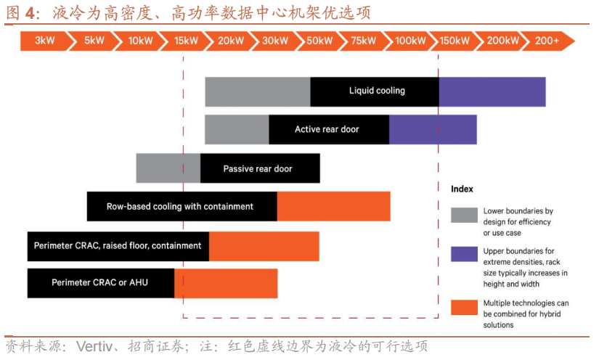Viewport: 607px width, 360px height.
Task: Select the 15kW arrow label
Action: (x=186, y=41)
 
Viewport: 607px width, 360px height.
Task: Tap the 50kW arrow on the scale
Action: (x=319, y=41)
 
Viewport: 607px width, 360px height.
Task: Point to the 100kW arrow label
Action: (x=410, y=41)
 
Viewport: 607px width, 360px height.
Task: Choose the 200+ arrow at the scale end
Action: (x=547, y=41)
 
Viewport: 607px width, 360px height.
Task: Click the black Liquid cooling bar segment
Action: (x=375, y=91)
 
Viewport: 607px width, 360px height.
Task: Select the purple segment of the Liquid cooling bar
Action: (x=492, y=91)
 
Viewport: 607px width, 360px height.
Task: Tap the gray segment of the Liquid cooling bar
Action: (x=258, y=91)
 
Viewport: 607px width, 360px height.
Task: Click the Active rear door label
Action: (x=327, y=129)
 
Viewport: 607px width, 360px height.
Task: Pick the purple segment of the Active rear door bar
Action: (x=433, y=129)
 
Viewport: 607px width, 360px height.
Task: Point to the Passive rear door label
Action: (x=258, y=169)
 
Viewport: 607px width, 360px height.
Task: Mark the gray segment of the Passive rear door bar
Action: (x=168, y=168)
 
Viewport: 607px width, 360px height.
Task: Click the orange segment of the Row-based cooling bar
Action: (x=334, y=206)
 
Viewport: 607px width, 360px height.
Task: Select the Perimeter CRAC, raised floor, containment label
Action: (x=118, y=246)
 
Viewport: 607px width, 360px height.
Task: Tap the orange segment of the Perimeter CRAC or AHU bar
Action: (x=226, y=283)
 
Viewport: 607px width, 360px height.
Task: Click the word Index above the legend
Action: (x=462, y=189)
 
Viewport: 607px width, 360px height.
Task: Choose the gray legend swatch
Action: (x=464, y=215)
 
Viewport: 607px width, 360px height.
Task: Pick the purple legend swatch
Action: (x=464, y=254)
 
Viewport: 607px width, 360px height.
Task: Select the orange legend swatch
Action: (x=464, y=307)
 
